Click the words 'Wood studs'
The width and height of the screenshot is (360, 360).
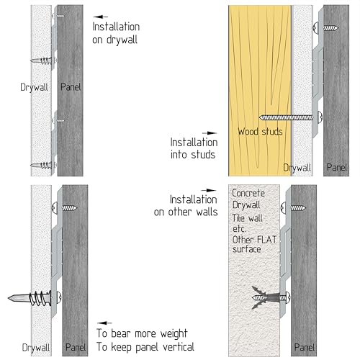[260, 132]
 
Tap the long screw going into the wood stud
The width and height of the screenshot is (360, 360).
[290, 117]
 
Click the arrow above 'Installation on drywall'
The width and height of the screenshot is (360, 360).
[100, 17]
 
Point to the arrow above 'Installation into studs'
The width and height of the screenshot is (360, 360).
[210, 132]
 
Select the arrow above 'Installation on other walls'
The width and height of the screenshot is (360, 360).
[209, 190]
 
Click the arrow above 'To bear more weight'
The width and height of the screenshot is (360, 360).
[104, 323]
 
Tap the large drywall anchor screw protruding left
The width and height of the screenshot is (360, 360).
[35, 298]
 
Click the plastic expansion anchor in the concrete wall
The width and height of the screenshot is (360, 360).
[266, 297]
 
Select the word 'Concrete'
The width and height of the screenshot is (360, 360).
[248, 193]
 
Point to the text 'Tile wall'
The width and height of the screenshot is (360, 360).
[247, 218]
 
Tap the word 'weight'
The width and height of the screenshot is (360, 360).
[174, 334]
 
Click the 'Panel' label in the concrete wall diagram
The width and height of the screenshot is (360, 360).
[305, 347]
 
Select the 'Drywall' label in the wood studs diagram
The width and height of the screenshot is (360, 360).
[297, 168]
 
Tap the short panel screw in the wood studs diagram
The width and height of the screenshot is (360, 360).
[325, 28]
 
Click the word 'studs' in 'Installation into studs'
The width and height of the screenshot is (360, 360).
[203, 154]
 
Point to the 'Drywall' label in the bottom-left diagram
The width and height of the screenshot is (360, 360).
[36, 348]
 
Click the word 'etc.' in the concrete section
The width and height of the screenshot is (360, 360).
[239, 229]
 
